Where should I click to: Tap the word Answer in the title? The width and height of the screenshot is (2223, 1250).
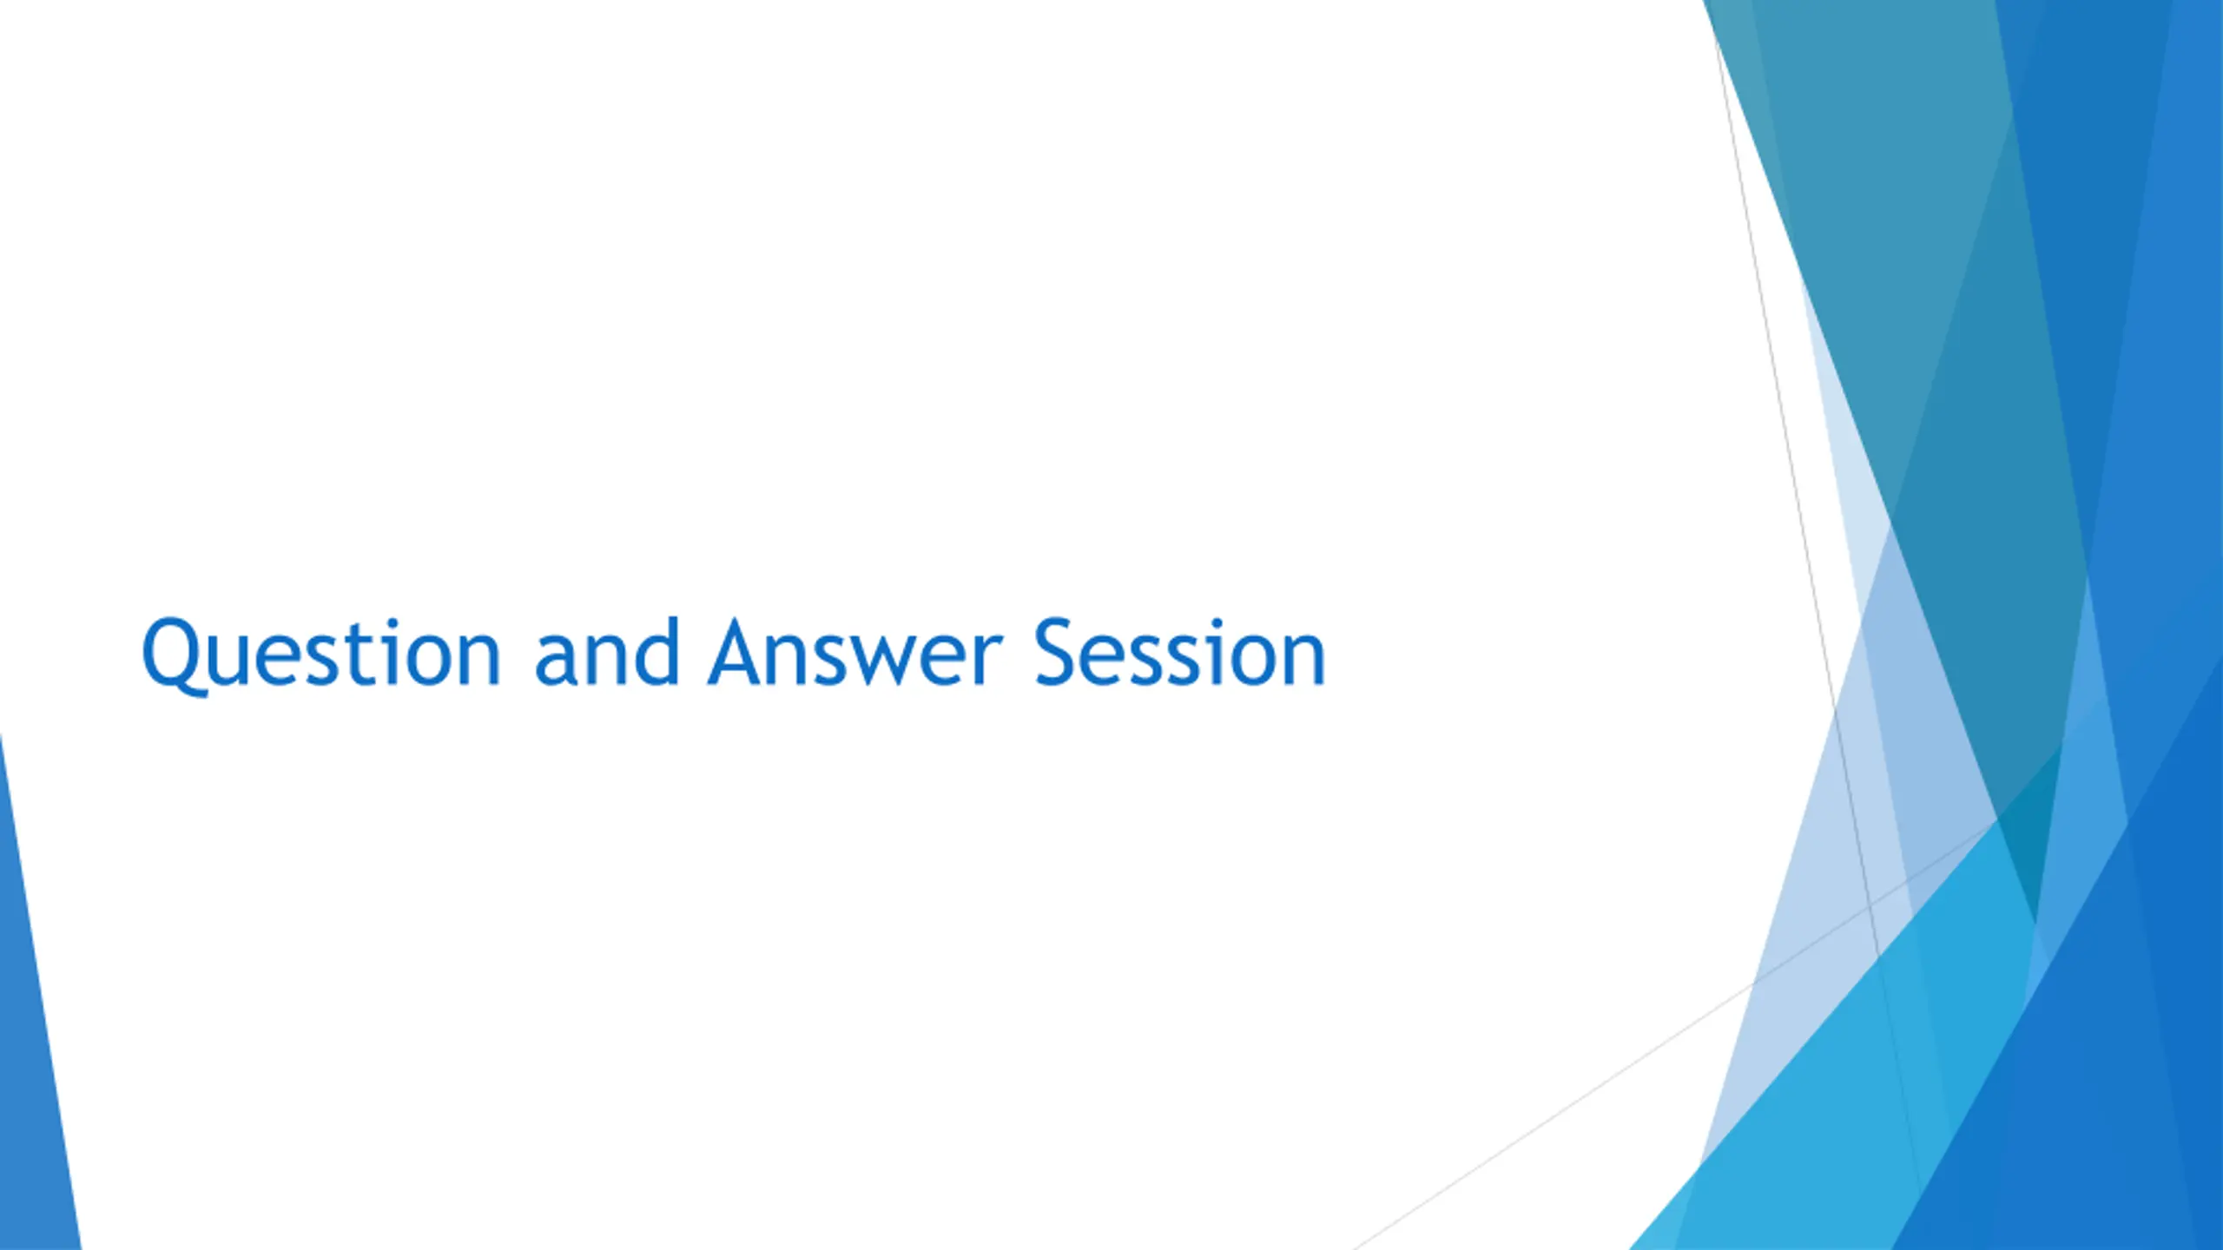tap(856, 653)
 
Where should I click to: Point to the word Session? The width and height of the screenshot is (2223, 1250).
tap(1179, 652)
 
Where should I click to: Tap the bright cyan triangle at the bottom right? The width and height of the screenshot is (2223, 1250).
tap(1867, 1085)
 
